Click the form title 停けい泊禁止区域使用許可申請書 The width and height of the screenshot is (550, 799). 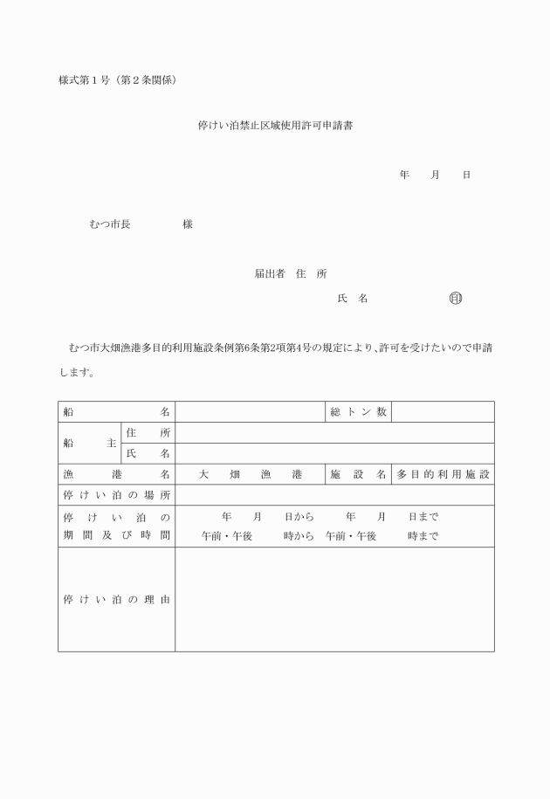click(x=275, y=126)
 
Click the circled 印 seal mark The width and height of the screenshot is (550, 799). click(x=455, y=299)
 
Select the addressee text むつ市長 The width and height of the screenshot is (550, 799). click(x=110, y=224)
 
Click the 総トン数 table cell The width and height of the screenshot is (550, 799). click(x=358, y=411)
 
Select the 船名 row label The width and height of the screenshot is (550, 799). click(x=116, y=411)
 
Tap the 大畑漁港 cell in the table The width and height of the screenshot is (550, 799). click(x=250, y=474)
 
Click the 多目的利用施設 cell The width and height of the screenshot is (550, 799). click(x=443, y=474)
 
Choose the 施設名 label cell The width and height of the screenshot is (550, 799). click(x=358, y=474)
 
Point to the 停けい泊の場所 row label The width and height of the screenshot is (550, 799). click(x=116, y=495)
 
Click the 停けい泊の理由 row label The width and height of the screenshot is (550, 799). click(x=116, y=600)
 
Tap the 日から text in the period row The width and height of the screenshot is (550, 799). click(x=299, y=517)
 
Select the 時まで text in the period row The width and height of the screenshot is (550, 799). click(x=423, y=536)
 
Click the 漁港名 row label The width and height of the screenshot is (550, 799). click(x=116, y=474)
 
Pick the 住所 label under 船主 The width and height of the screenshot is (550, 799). click(x=148, y=432)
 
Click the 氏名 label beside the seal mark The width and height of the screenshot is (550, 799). click(x=352, y=299)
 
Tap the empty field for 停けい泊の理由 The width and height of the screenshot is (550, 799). click(x=334, y=600)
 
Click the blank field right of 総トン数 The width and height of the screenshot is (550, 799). click(x=443, y=411)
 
